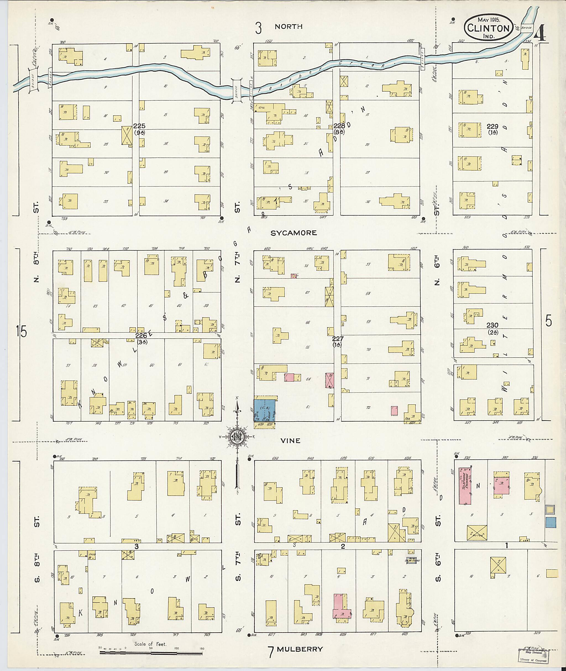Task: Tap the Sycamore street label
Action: [x=294, y=233]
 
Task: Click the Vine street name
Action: [x=290, y=441]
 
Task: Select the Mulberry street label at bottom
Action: [x=300, y=649]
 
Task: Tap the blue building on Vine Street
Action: [x=265, y=410]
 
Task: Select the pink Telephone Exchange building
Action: [x=465, y=486]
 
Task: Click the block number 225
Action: [x=139, y=126]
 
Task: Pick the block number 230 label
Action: [x=492, y=325]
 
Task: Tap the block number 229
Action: [x=492, y=126]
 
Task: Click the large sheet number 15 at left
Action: [x=22, y=331]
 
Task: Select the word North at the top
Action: [x=289, y=27]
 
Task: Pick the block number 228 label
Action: [x=339, y=126]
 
